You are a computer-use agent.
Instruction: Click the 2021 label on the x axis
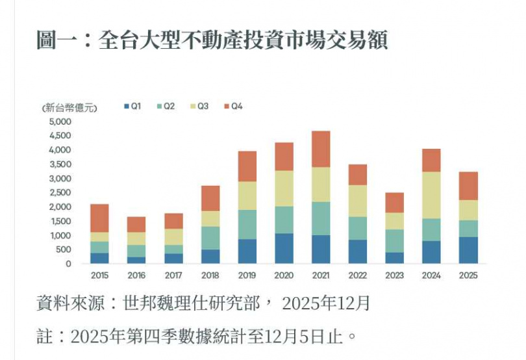321,276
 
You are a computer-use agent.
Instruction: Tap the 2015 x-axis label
99,276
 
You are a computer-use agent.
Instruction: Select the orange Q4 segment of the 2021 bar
321,149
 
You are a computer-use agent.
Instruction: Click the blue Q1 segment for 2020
284,248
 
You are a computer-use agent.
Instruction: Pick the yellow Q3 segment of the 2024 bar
431,195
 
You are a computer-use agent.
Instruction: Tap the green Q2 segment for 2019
247,224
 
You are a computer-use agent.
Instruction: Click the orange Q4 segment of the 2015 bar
99,218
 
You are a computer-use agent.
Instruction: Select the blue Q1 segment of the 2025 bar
468,250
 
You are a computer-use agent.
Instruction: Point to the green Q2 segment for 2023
394,240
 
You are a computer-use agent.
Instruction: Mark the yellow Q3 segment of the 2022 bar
357,201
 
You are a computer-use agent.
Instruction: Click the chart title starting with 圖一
212,40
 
